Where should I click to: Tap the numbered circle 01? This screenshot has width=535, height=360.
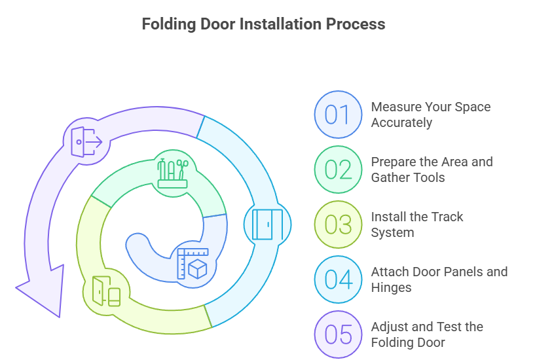(x=338, y=115)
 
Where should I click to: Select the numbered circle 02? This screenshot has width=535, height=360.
(x=338, y=170)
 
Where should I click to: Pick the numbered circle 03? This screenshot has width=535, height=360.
(x=338, y=225)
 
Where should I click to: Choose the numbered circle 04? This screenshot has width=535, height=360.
(x=338, y=279)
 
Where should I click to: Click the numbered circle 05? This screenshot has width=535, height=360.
(x=338, y=334)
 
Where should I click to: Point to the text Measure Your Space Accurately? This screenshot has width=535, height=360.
(x=430, y=115)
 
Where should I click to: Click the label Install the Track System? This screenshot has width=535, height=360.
(x=416, y=224)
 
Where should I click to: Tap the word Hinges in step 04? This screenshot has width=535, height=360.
(x=392, y=287)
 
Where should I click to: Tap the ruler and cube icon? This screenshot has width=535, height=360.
(x=192, y=263)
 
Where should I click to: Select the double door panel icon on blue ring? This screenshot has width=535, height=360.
(x=267, y=225)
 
